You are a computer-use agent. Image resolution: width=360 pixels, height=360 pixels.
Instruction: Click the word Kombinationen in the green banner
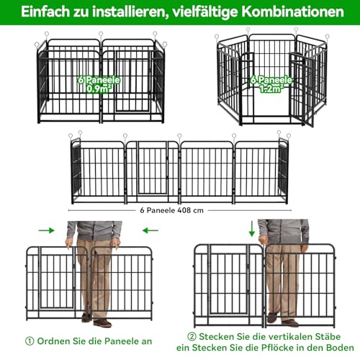pos(292,12)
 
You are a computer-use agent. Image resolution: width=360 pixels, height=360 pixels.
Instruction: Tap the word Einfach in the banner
pos(45,12)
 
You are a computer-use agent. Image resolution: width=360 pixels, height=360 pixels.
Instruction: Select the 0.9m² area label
pos(99,89)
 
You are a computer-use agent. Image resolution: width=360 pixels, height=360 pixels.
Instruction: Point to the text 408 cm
pos(190,210)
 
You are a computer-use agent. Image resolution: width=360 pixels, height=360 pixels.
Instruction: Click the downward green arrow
pos(252,229)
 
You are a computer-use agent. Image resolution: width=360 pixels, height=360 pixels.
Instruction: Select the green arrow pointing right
pos(47,230)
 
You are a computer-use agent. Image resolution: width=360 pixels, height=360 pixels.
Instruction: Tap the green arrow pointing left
pos(150,230)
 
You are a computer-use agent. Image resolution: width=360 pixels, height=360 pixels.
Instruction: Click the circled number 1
pos(30,341)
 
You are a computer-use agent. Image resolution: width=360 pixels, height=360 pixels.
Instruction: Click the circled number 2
pos(192,337)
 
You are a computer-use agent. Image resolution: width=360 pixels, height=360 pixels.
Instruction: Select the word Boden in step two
pos(340,348)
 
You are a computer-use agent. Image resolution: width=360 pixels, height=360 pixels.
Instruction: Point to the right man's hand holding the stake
pos(264,240)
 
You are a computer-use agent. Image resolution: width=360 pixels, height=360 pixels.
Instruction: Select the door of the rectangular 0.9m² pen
pos(132,81)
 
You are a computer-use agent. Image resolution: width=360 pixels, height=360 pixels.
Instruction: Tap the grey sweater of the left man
pos(94,230)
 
